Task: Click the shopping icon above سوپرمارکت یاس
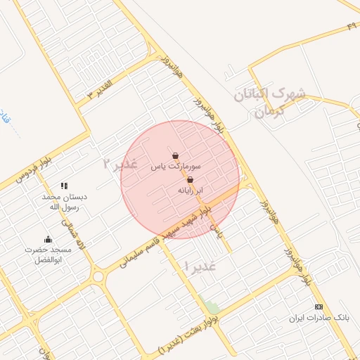tap(174, 156)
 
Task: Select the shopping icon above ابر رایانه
tap(190, 180)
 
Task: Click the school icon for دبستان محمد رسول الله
tap(64, 186)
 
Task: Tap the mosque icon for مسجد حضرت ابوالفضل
tap(48, 240)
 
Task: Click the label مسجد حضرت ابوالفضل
tap(49, 255)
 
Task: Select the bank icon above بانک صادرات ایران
tap(319, 307)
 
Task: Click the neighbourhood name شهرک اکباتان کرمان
tap(271, 102)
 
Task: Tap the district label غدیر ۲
tap(118, 165)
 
